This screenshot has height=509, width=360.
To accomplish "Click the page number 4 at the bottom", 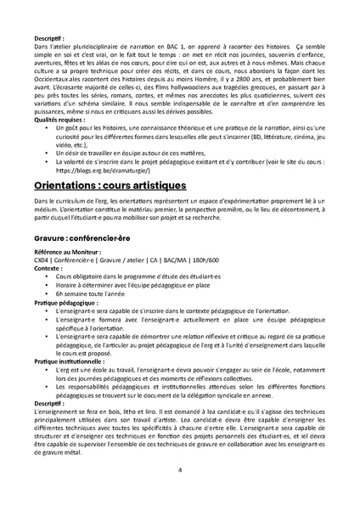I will [180, 469].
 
